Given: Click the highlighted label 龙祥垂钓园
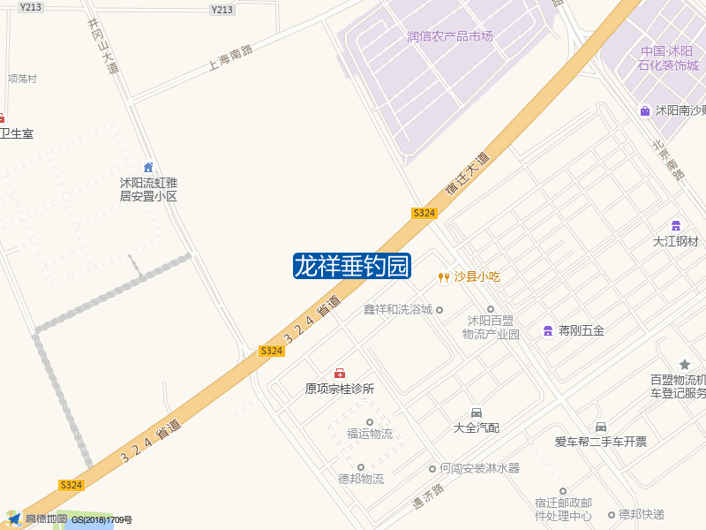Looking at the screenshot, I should tap(352, 265).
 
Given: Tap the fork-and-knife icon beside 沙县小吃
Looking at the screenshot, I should tap(443, 277).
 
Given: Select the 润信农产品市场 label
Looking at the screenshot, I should tap(450, 37).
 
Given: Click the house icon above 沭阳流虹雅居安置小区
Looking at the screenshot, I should tap(148, 168).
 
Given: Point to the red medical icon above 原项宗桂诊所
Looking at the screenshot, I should tap(339, 374).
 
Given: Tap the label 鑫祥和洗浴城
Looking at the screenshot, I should tap(398, 310).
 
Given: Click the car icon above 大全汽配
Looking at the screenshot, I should tap(477, 413).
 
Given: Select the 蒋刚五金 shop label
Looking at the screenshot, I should tap(581, 331).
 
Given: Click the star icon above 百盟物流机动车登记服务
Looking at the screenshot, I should tap(685, 365).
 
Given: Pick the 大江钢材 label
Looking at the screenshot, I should tap(675, 241).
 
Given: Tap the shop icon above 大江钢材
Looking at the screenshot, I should tap(676, 225).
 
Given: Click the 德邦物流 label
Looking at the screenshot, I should tap(361, 480).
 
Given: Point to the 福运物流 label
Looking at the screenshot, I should tap(370, 435).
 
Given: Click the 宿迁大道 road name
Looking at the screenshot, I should tap(467, 174).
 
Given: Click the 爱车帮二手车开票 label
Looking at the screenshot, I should tap(600, 442).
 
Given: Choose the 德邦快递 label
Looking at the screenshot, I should tap(641, 514).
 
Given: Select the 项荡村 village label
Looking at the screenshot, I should tap(22, 79).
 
